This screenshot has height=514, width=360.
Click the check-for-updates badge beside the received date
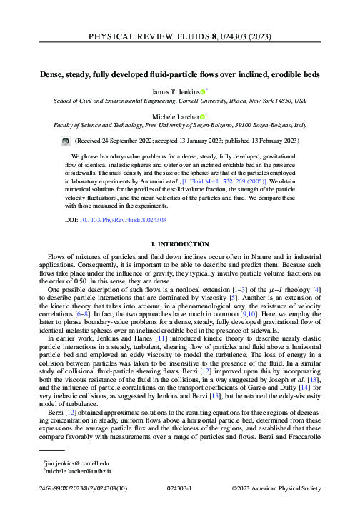point(66,142)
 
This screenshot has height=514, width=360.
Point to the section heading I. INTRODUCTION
point(179,245)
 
